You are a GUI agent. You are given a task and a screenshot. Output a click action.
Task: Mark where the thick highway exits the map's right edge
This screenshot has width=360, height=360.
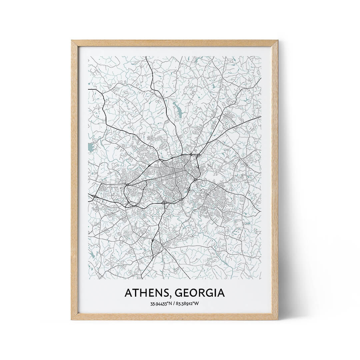(261, 116)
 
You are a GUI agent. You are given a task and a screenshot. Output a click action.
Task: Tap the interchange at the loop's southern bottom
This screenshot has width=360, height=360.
(163, 202)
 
